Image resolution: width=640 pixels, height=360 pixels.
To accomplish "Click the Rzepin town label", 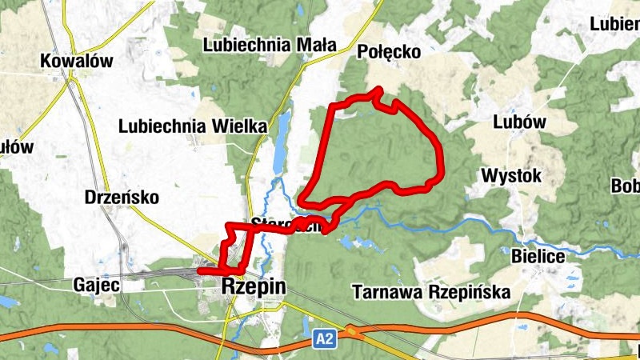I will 253,286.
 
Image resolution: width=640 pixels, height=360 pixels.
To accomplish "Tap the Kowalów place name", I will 78,61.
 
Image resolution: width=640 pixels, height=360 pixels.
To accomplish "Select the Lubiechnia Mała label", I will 270,46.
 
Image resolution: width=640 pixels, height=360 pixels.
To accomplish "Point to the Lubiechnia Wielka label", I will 192,126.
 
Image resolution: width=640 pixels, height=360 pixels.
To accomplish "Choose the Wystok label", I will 512,175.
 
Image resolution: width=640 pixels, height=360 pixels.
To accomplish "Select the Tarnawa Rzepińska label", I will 431,293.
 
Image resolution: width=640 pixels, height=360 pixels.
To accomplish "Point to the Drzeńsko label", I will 122,198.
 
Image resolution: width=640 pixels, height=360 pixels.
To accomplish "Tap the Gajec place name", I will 96,284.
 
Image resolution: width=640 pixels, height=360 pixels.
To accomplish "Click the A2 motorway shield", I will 323,340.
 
